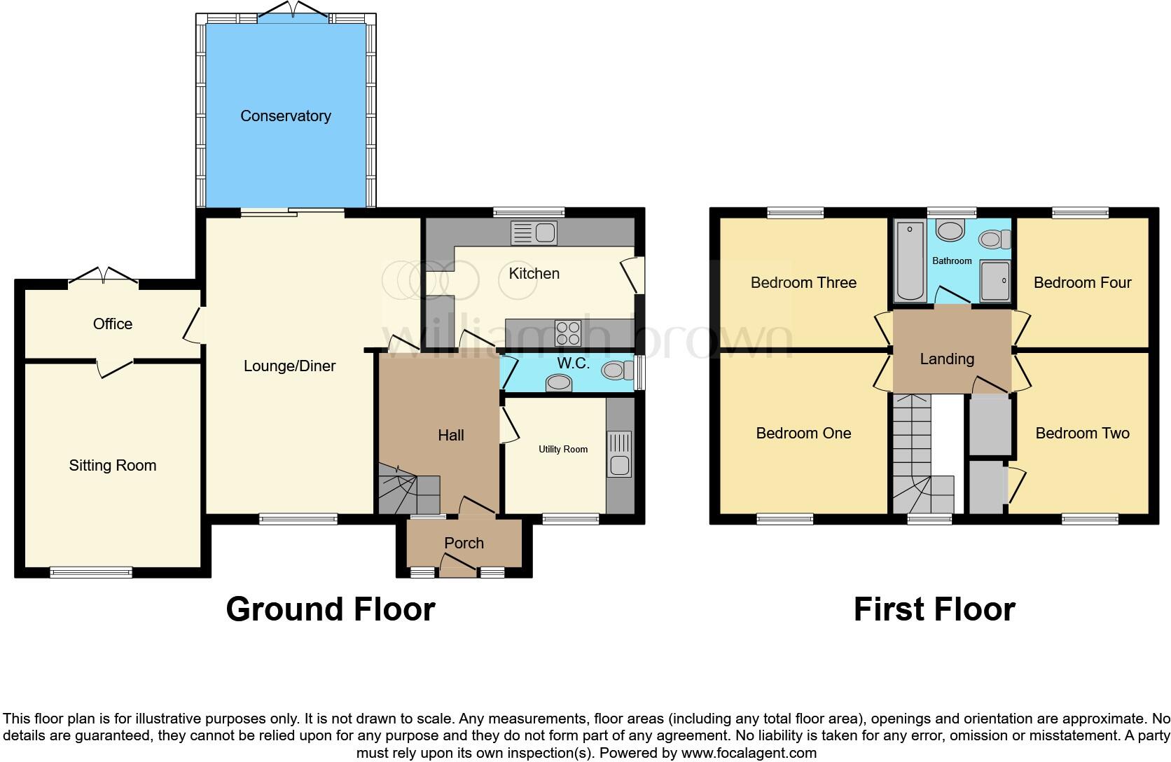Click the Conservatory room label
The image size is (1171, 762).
285,116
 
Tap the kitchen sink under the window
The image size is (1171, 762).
534,233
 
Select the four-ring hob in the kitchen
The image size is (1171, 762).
567,333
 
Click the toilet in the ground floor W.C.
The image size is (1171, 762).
616,369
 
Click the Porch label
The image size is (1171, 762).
464,543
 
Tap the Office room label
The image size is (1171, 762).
112,324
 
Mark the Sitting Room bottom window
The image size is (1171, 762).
91,572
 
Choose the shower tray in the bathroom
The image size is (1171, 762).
995,282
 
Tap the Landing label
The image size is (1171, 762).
946,359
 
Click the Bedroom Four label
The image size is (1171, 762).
1082,282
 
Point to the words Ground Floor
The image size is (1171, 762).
330,609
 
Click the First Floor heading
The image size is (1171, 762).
934,609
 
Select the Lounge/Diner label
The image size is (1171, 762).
289,366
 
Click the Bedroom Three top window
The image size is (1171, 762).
795,212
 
